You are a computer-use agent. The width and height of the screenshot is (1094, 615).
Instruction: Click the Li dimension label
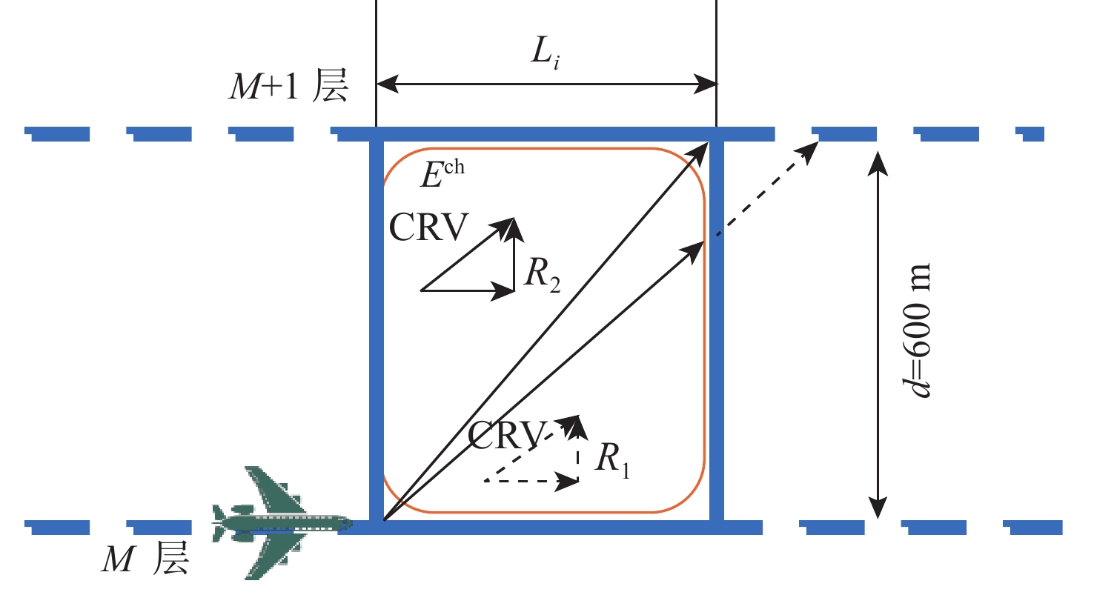[x=545, y=53]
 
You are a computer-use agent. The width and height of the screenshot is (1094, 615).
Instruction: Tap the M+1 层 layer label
[x=288, y=85]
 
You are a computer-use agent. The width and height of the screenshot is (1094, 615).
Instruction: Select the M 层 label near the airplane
[x=145, y=559]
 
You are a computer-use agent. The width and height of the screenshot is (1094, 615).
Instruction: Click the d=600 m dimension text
[x=915, y=330]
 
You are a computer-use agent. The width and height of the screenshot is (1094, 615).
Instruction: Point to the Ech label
[x=442, y=173]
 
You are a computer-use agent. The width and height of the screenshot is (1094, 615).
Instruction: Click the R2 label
[x=542, y=274]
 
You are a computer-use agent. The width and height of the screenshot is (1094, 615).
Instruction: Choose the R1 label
[x=612, y=460]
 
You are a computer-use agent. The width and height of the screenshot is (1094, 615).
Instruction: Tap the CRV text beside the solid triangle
[x=429, y=227]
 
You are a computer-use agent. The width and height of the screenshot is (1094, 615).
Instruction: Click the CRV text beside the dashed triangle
[x=506, y=435]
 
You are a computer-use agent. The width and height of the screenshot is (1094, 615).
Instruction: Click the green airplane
[x=281, y=523]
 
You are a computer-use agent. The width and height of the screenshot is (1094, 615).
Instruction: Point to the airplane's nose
[x=350, y=524]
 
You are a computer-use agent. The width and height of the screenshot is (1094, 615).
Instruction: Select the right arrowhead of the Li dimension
[x=705, y=84]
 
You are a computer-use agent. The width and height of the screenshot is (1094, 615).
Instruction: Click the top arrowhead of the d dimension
[x=878, y=163]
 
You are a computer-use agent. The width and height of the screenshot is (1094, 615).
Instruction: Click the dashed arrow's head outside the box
[x=809, y=150]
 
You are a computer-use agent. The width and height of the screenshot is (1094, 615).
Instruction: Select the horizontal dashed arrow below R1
[x=532, y=482]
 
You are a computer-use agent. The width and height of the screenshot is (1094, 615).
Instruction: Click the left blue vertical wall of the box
[x=377, y=331]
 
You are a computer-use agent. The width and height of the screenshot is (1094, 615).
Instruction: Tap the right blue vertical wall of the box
[x=717, y=331]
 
